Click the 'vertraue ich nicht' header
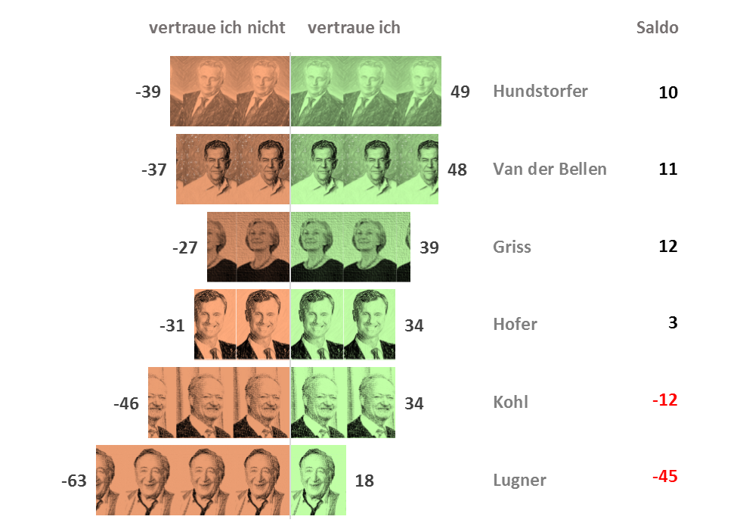(x=217, y=28)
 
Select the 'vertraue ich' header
(x=354, y=28)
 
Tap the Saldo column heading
(x=657, y=28)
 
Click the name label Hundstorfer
(x=540, y=92)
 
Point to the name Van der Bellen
(x=550, y=169)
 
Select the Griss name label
(x=512, y=247)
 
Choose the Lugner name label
(x=519, y=480)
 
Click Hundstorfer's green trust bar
(x=366, y=91)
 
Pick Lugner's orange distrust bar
(x=193, y=480)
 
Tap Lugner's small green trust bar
(x=318, y=480)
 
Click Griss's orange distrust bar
(x=249, y=247)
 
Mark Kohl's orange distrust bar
(x=219, y=402)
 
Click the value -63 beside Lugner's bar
(x=73, y=481)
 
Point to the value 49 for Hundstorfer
(x=460, y=92)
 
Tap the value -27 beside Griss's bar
(x=185, y=247)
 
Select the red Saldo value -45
(x=664, y=477)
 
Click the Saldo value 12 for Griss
(x=667, y=246)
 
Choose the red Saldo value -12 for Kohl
(x=664, y=400)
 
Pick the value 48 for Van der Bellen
(x=457, y=170)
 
